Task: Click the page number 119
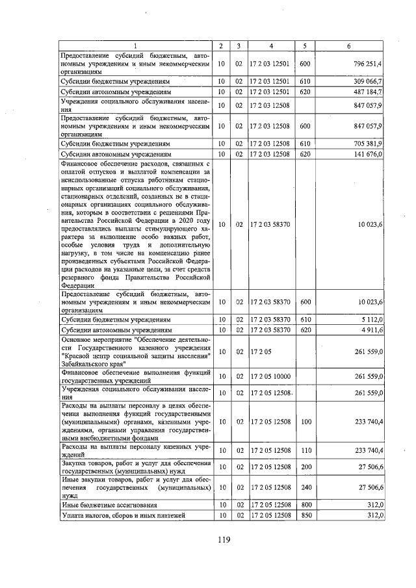point(224,539)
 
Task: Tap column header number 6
point(349,46)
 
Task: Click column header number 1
point(136,46)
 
